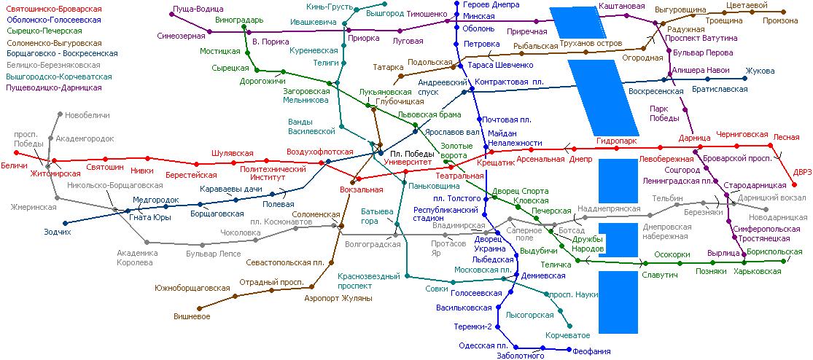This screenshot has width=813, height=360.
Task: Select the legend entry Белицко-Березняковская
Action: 53,66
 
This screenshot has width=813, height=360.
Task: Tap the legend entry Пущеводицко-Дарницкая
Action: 53,87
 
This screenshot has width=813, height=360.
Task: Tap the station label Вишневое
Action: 192,316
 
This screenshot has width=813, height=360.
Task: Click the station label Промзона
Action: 780,20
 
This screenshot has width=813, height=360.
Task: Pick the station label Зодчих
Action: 57,232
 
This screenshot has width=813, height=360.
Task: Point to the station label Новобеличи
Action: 87,115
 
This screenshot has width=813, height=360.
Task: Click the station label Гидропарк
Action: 616,141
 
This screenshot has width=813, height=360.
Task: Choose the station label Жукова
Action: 760,71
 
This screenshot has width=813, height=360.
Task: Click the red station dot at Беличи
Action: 16,153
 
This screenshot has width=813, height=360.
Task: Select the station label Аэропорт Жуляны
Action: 338,299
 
